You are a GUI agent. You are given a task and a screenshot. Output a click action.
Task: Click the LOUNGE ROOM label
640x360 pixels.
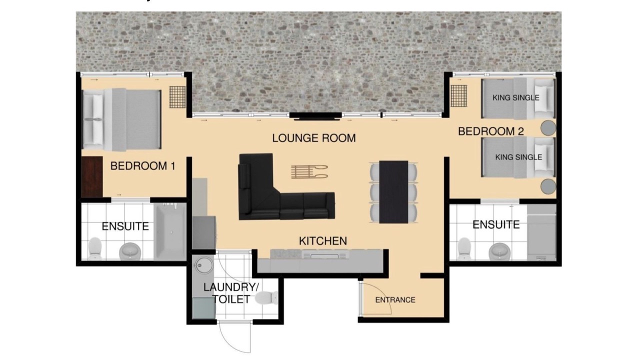[313, 138]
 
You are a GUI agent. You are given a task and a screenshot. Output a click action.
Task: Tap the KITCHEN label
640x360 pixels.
[323, 241]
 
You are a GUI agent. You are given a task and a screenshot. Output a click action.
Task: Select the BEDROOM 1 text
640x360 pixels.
[143, 166]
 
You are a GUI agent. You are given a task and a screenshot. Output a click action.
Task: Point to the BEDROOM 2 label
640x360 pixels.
[491, 131]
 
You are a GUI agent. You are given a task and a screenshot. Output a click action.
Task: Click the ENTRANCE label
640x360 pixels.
[395, 300]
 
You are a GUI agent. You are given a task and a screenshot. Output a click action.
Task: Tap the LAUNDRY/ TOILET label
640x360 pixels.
[231, 293]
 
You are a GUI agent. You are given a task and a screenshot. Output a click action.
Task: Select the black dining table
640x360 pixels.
[393, 192]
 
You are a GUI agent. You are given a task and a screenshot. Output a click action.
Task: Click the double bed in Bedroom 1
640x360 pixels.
[121, 119]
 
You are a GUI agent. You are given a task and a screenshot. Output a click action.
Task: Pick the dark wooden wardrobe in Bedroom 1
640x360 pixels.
[92, 176]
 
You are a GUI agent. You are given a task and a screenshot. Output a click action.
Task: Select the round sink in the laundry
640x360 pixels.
[204, 265]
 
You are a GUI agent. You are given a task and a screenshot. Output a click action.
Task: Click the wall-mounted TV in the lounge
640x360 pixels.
[315, 115]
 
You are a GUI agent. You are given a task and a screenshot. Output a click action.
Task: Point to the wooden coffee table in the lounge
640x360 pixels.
[309, 172]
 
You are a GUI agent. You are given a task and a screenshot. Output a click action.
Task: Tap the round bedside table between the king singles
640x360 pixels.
[548, 127]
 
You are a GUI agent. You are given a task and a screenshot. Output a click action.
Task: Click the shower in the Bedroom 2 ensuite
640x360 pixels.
[541, 232]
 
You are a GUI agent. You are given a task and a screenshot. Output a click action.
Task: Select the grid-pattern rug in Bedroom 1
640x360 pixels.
[177, 97]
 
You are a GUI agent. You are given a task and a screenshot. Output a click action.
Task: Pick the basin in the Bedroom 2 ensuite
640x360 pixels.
[499, 251]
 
